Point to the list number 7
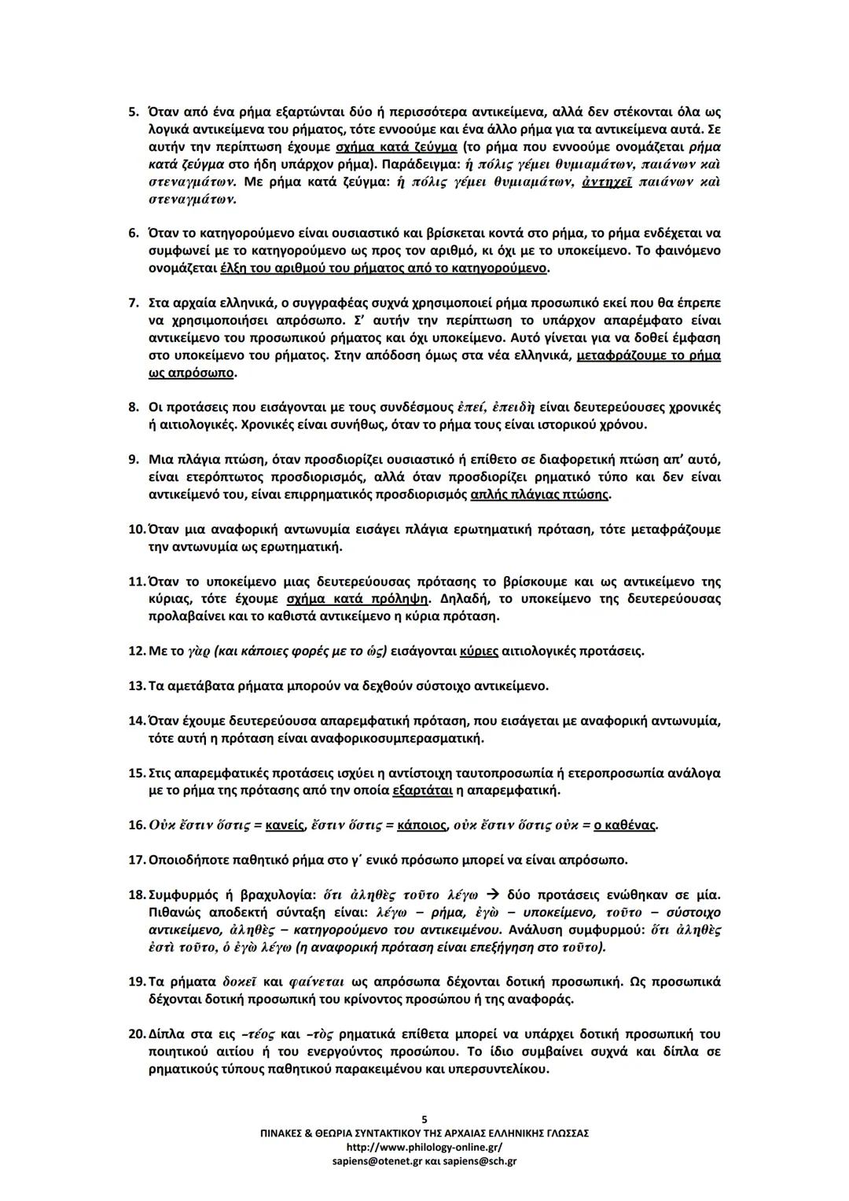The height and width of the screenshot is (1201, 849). point(133,303)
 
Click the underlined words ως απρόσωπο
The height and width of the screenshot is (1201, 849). point(191,373)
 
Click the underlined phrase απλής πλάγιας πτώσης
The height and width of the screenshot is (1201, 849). point(538,494)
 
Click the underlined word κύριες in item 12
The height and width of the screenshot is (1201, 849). point(477,651)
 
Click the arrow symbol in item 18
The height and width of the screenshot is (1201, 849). point(493,895)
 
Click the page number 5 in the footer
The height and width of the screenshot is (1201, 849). point(424,1119)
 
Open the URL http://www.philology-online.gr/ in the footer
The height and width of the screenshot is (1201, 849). point(424,1147)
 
